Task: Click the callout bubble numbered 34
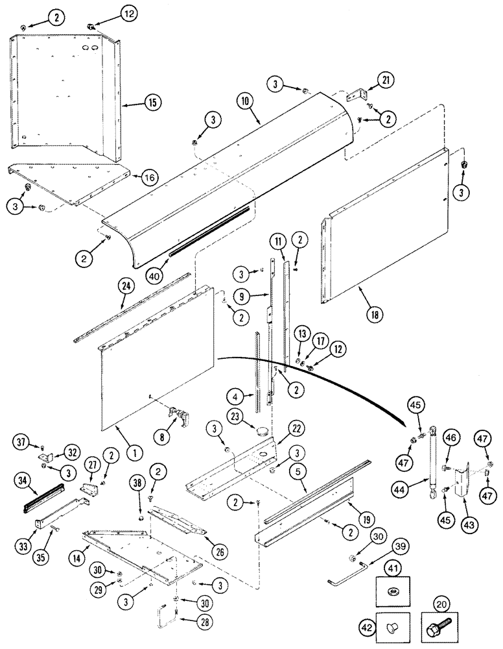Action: click(24, 481)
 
